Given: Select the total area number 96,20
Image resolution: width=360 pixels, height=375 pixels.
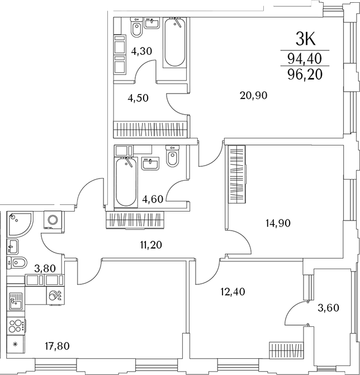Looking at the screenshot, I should click(x=305, y=74).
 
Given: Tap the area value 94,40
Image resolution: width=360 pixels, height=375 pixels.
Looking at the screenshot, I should click(x=305, y=58).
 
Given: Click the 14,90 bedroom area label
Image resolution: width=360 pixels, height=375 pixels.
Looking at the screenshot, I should click(x=278, y=222).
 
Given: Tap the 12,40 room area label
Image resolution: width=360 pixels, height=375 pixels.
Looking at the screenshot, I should click(x=233, y=291).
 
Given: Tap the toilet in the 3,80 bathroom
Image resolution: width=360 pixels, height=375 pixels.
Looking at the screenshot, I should click(x=17, y=263).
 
